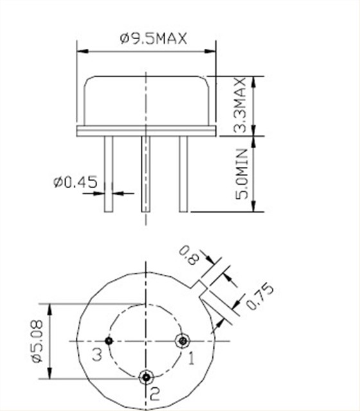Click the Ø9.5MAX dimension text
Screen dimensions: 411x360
[x=152, y=39]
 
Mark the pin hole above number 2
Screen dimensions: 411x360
[x=147, y=376]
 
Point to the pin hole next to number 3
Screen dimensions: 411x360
[x=110, y=340]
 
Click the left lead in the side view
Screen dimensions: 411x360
[x=109, y=173]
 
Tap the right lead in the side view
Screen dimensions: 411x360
[x=183, y=173]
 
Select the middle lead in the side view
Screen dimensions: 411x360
[x=146, y=173]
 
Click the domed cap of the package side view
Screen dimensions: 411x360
[x=147, y=100]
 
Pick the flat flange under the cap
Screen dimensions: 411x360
[x=147, y=131]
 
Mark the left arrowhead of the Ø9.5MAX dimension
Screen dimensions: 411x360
[x=81, y=49]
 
